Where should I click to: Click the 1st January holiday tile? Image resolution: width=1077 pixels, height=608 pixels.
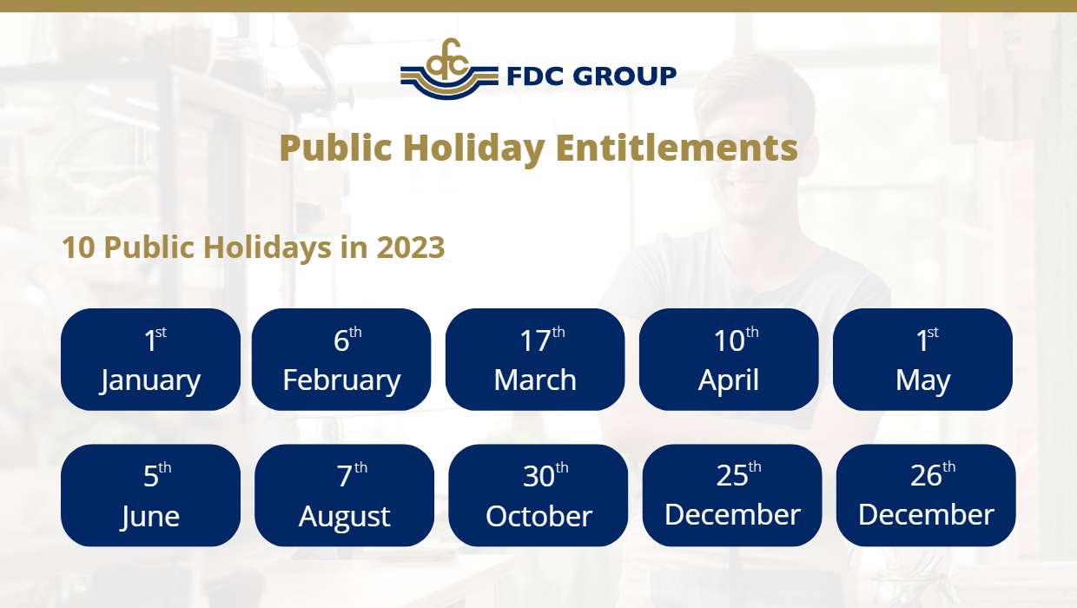[150, 360]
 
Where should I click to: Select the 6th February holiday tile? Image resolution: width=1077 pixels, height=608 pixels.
[341, 360]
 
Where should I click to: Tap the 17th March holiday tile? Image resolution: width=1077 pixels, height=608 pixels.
[535, 360]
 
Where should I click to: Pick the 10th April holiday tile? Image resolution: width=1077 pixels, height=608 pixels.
[729, 360]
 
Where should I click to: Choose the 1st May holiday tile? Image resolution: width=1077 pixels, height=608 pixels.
[922, 360]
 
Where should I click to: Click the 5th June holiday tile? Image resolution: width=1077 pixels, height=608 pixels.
[150, 495]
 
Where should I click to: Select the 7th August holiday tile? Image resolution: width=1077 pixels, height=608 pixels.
[344, 495]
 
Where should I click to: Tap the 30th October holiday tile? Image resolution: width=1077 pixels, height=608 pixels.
[538, 495]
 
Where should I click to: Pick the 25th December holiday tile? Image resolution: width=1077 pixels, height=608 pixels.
[732, 495]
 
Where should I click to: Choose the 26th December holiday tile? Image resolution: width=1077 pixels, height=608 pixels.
[926, 495]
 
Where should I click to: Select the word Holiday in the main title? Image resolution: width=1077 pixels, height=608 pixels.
[473, 148]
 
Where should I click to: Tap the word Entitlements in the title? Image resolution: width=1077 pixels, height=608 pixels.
[677, 148]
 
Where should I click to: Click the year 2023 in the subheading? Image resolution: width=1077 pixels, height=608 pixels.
[411, 248]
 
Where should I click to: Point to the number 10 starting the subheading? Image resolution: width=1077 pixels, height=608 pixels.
[78, 248]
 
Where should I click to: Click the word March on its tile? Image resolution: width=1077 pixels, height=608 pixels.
[535, 380]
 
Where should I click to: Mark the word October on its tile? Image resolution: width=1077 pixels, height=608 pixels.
[538, 516]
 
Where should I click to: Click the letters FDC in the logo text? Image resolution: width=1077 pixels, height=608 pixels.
[537, 76]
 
